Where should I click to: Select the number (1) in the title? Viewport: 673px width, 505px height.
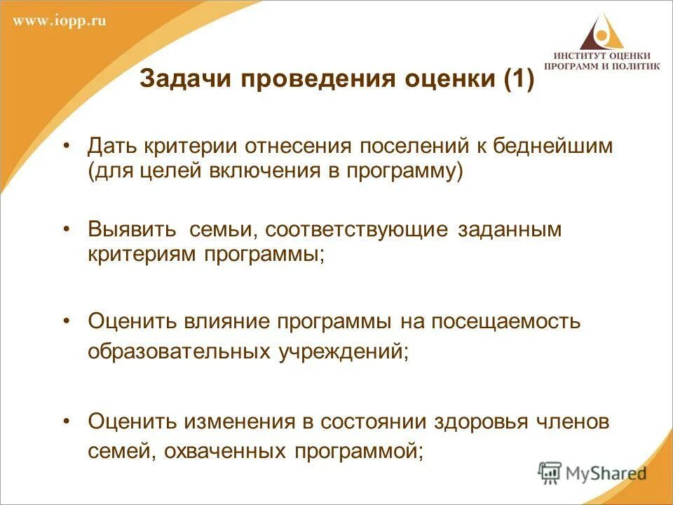[x=519, y=79]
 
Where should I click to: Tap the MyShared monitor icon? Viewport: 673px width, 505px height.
[x=550, y=472]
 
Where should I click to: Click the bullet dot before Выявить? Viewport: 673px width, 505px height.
[x=67, y=229]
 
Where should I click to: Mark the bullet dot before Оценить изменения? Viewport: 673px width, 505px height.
[x=67, y=421]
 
